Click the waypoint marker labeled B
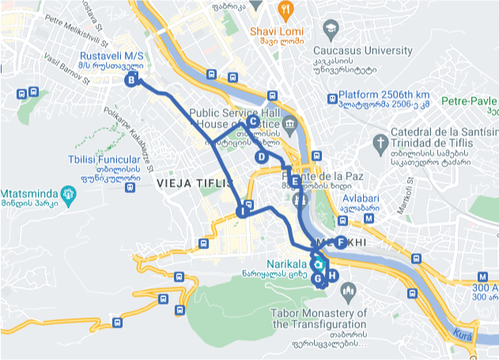[132, 79]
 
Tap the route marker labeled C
[252, 121]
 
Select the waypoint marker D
[261, 157]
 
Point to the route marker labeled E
[294, 181]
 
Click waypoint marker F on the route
[340, 242]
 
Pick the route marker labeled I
[243, 211]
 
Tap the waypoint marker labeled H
[332, 275]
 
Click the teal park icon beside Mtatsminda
[70, 193]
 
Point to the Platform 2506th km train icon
[332, 99]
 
